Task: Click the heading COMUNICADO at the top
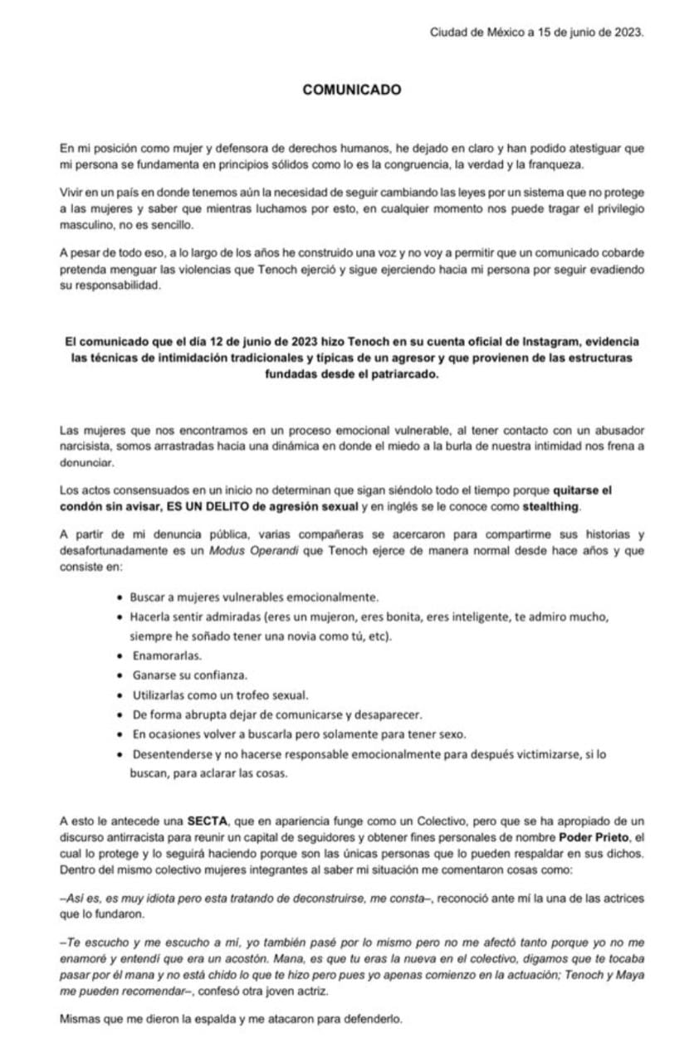click(352, 90)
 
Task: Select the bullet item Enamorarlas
click(162, 655)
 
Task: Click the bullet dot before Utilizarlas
click(122, 694)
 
